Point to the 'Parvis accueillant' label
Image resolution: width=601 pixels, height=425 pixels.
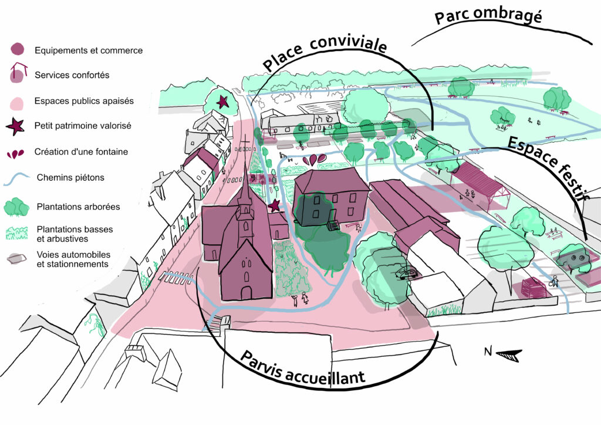[302, 369]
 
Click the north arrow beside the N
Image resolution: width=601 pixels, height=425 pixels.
[508, 354]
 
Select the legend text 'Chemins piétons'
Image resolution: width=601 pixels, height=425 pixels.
[70, 177]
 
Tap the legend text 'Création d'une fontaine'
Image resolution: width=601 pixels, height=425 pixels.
[81, 151]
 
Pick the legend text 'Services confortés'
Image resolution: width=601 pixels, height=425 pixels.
[72, 75]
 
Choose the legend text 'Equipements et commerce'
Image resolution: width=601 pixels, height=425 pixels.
[89, 50]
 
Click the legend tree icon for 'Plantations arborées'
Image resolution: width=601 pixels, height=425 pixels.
[17, 207]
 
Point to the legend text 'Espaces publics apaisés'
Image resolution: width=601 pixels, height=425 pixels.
[84, 101]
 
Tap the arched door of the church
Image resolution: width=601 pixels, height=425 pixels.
[247, 292]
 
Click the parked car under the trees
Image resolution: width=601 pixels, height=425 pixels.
[406, 273]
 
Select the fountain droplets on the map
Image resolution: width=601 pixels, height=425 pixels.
[316, 159]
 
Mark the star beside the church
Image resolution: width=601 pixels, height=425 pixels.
[274, 205]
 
